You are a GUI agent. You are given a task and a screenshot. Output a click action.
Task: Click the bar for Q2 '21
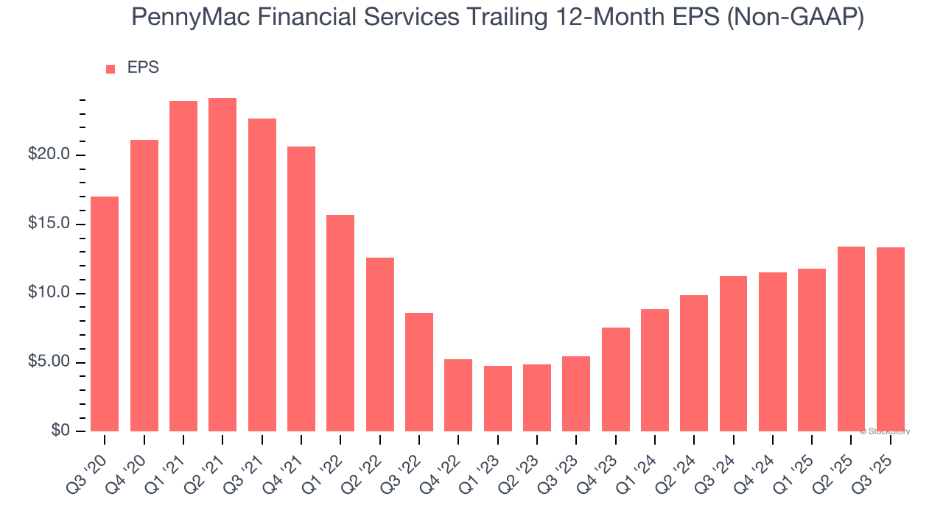click(222, 265)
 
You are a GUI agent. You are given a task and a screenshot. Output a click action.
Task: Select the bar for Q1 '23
click(497, 398)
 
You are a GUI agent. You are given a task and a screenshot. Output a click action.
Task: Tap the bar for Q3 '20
click(105, 314)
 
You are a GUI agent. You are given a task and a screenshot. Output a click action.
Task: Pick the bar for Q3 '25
click(890, 339)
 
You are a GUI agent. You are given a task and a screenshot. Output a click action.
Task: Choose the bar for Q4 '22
click(458, 395)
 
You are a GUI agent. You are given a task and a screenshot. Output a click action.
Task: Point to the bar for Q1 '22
click(340, 323)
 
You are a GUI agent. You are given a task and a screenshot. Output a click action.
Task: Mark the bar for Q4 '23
click(615, 379)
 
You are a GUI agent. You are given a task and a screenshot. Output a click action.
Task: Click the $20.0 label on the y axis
click(49, 155)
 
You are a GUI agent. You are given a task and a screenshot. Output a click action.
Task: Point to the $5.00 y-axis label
click(49, 362)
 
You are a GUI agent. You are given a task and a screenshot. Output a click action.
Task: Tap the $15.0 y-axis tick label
click(49, 224)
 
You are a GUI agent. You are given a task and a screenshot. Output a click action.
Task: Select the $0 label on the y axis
click(60, 431)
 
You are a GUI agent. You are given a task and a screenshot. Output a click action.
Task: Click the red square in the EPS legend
click(111, 68)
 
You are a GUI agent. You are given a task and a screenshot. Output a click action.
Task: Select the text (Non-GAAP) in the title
click(796, 18)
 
